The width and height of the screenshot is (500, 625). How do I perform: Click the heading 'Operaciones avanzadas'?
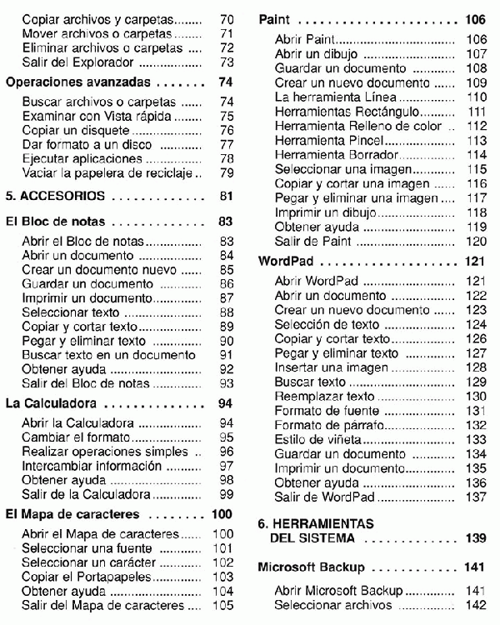click(77, 83)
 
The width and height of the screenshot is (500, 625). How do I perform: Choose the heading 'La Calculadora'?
click(47, 403)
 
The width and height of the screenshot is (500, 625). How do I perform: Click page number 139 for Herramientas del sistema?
click(475, 538)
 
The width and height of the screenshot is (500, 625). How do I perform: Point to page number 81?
click(224, 197)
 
